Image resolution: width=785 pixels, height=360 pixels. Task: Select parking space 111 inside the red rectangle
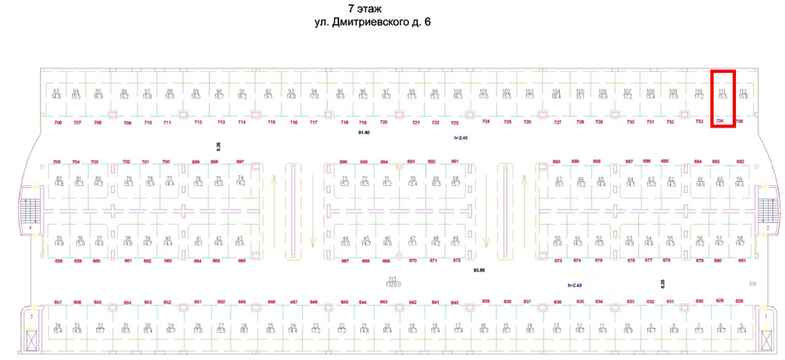[722, 94]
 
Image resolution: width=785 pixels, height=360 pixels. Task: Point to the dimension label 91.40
[364, 132]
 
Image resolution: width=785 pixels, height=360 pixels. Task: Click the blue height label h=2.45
[461, 139]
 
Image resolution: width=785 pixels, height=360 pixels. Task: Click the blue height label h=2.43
[574, 285]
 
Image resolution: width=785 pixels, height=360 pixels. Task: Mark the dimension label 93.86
[479, 270]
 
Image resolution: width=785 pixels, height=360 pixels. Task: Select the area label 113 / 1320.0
[392, 281]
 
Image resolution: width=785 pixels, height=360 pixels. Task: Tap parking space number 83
[56, 94]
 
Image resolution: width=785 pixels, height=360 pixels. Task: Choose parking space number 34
[58, 328]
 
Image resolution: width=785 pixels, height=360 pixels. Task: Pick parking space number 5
[742, 328]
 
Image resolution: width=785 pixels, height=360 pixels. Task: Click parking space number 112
[743, 94]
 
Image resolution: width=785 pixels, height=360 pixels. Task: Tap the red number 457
[294, 302]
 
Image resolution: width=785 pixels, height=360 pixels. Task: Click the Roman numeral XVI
[752, 284]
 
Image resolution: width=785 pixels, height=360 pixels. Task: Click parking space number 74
[240, 180]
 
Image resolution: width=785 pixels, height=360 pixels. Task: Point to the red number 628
[739, 301]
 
